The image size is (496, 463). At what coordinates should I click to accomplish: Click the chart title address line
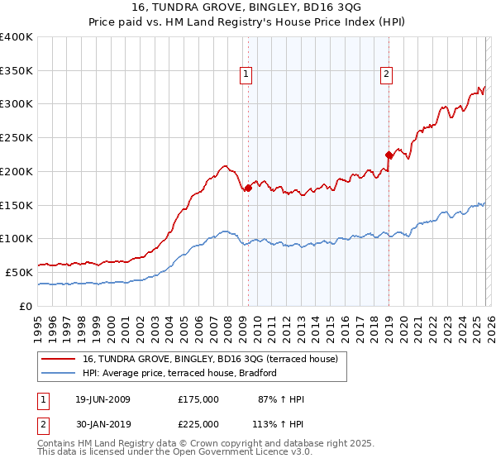(x=247, y=7)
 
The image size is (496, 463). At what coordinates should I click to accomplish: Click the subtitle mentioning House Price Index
(x=247, y=21)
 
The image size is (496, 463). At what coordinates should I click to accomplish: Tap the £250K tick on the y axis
(x=16, y=137)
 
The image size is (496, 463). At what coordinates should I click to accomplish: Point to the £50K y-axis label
(x=18, y=272)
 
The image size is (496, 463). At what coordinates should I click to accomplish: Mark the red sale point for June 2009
(x=248, y=189)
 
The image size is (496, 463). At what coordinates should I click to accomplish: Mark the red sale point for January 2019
(x=389, y=155)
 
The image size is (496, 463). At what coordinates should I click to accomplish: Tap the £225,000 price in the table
(x=198, y=423)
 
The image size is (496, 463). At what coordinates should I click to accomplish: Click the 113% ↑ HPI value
(x=279, y=423)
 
